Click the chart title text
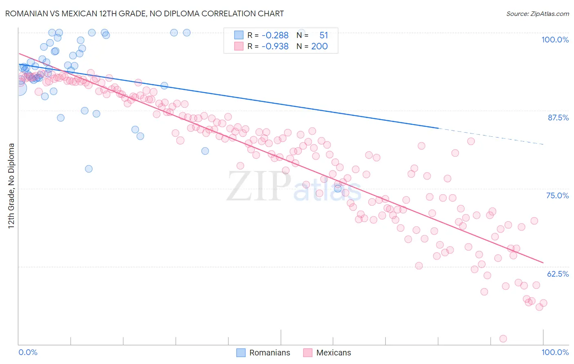[x=145, y=13]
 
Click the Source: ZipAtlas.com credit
[x=537, y=14]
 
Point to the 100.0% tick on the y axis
[x=555, y=40]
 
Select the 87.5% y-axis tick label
[x=558, y=118]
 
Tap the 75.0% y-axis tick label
[x=557, y=195]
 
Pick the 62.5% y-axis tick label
[x=558, y=274]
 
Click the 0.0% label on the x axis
[x=28, y=352]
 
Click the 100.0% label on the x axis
[x=555, y=352]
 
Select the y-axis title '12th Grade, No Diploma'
[x=11, y=186]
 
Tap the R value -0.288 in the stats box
[x=275, y=36]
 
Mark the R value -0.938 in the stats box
[x=275, y=47]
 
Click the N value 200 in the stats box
[x=319, y=47]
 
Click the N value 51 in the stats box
[x=323, y=36]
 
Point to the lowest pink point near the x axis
[x=503, y=339]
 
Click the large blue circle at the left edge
[x=19, y=88]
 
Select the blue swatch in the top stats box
[x=239, y=36]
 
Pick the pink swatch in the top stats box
[x=239, y=47]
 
